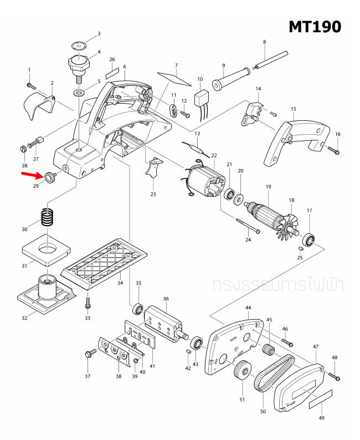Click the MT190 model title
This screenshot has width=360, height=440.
coord(314,26)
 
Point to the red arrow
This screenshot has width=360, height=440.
coord(32,175)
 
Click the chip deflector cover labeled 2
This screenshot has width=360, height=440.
coord(39,106)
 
